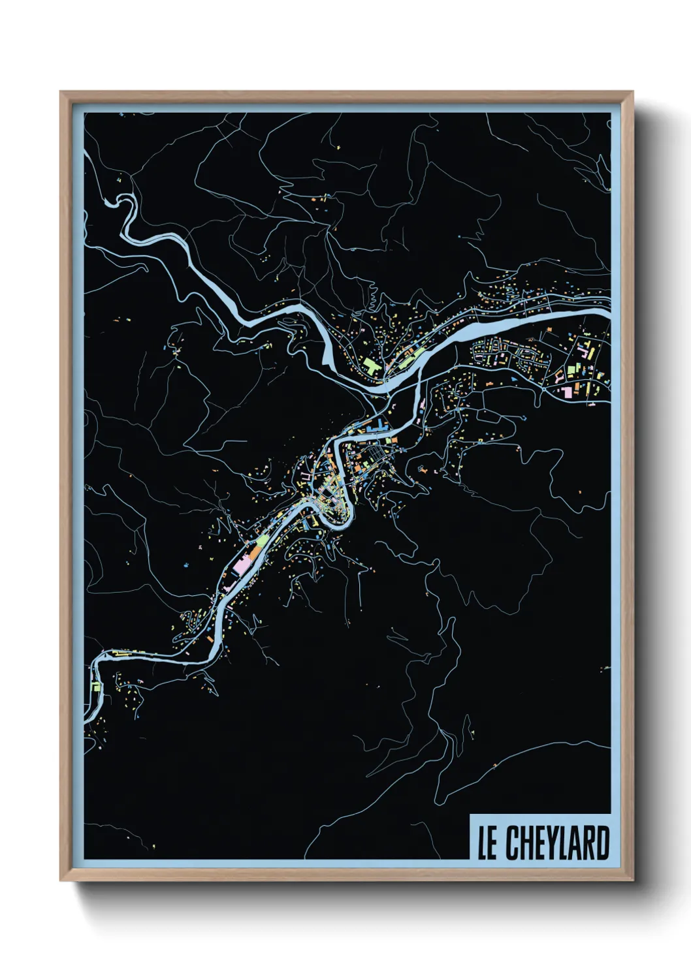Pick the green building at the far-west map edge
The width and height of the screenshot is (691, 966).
click(x=95, y=687)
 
